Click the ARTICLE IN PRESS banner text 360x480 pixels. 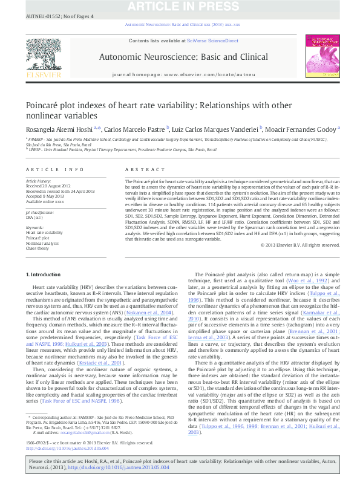(x=180, y=7)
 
